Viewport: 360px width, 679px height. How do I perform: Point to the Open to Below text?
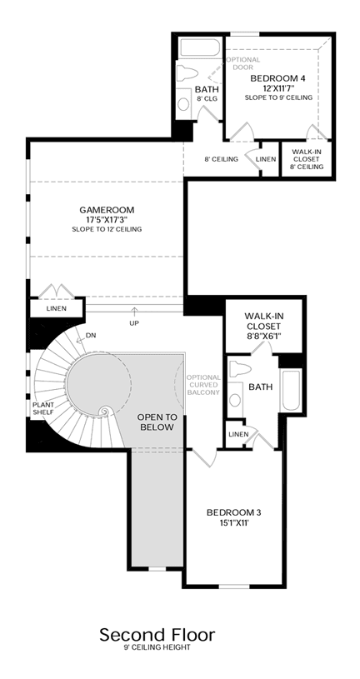point(157,422)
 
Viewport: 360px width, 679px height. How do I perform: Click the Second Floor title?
point(157,635)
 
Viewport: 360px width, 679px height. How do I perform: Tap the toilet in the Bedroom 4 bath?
point(187,73)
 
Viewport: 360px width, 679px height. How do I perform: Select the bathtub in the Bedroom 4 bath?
point(200,47)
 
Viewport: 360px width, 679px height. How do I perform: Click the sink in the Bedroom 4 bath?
point(184,104)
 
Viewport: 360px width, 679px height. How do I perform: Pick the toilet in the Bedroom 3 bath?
point(239,369)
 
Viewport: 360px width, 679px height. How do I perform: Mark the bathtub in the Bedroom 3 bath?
point(290,390)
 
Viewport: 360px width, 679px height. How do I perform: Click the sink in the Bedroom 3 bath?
point(235,400)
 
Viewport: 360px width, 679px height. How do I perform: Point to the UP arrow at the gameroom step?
point(134,312)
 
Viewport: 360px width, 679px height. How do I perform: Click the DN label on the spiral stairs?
point(91,335)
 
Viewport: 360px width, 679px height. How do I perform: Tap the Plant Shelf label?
point(43,408)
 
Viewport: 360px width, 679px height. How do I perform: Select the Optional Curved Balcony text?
point(203,385)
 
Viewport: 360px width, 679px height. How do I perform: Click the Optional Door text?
point(243,63)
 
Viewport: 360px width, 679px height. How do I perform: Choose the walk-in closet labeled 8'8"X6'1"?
point(263,324)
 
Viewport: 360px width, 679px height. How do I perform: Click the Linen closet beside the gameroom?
point(57,309)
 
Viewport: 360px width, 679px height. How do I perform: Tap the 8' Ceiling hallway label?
point(222,159)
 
